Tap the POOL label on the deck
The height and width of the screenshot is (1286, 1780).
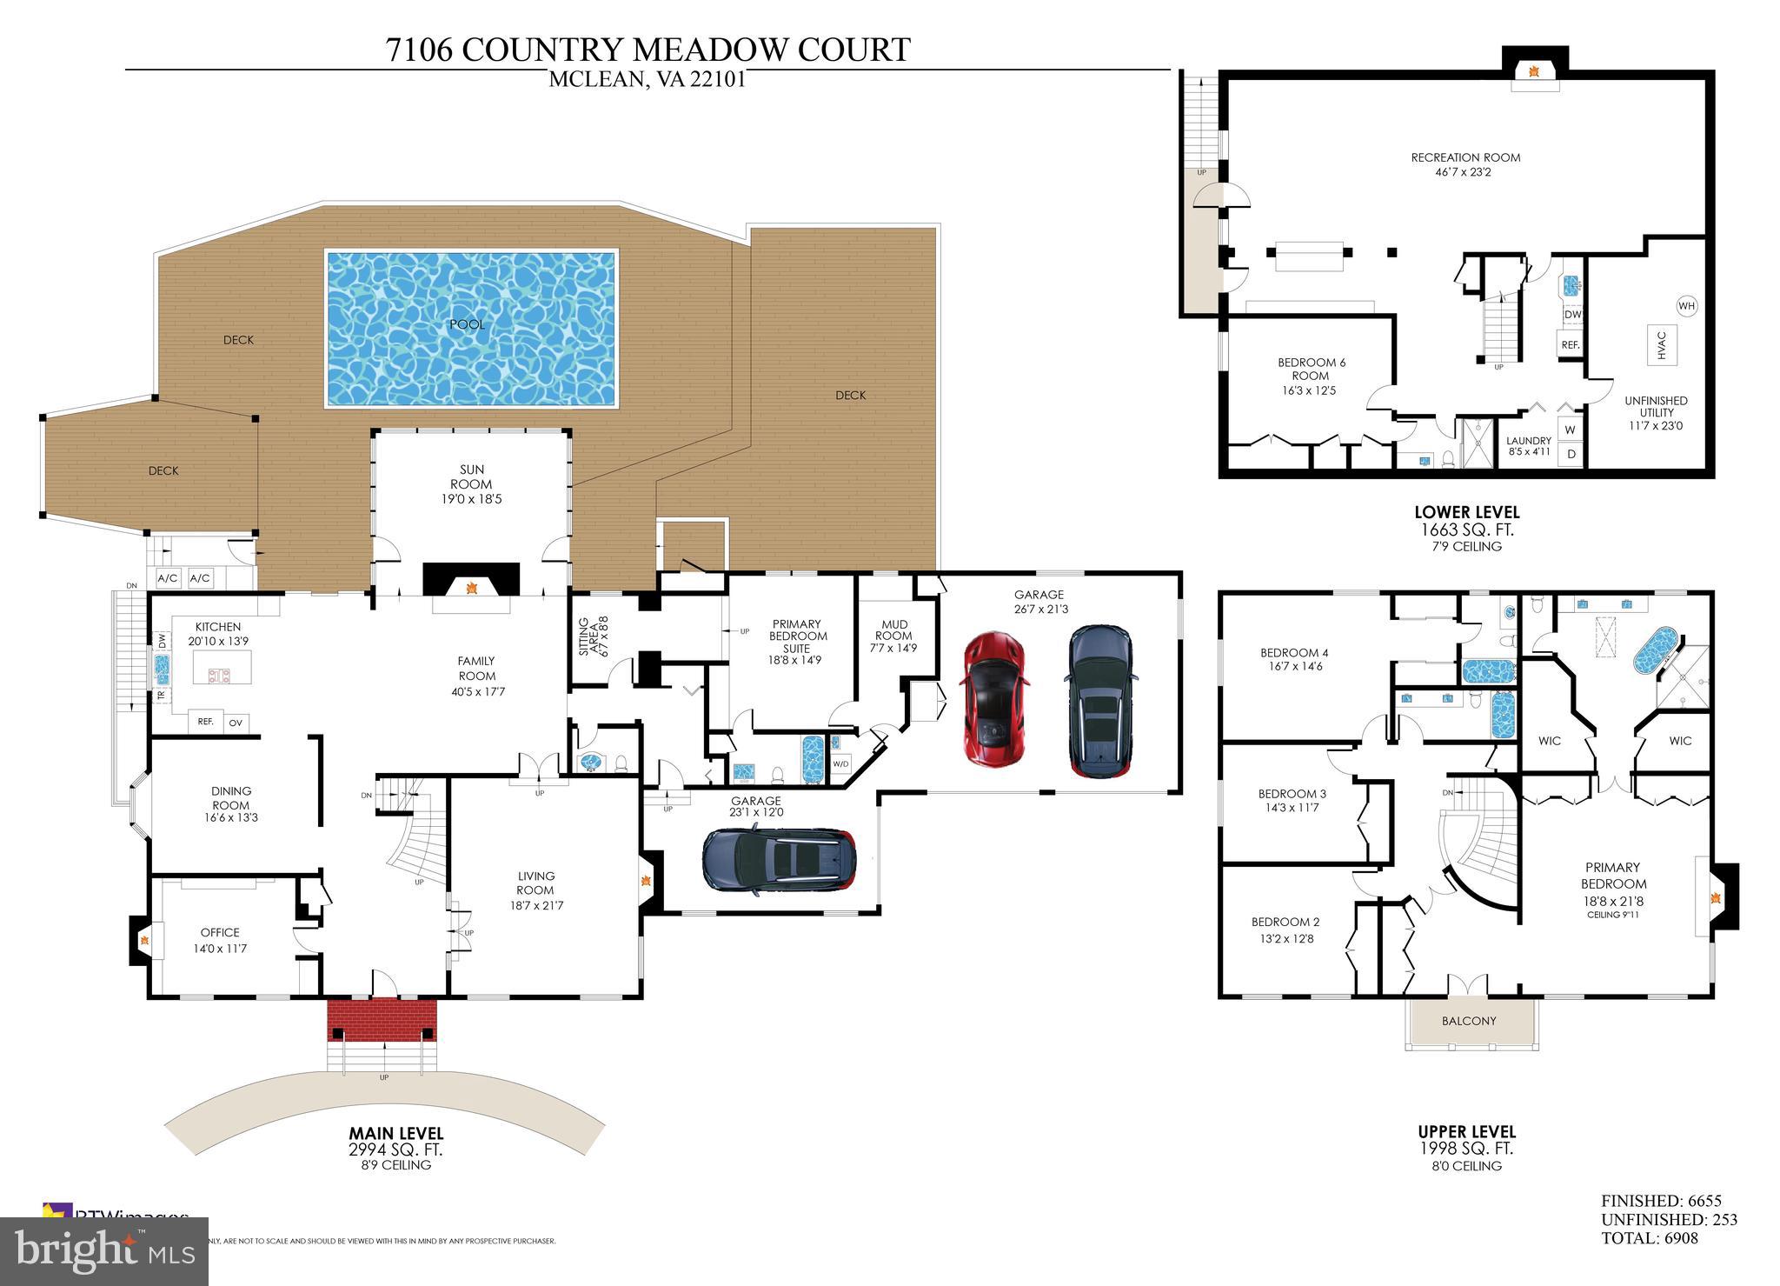tap(467, 324)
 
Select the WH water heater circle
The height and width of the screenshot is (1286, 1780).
tap(1686, 306)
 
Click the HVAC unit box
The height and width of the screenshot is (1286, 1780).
tap(1661, 344)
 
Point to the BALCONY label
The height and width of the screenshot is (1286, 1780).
tap(1469, 1021)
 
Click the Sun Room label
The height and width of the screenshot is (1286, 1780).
tap(471, 484)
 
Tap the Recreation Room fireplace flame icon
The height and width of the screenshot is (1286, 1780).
tap(1534, 71)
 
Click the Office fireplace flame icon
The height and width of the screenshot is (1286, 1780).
tap(145, 939)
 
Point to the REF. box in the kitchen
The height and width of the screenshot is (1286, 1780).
tap(206, 722)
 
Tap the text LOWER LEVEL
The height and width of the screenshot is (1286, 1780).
tap(1466, 512)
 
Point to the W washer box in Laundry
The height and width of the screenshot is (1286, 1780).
tap(1570, 430)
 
